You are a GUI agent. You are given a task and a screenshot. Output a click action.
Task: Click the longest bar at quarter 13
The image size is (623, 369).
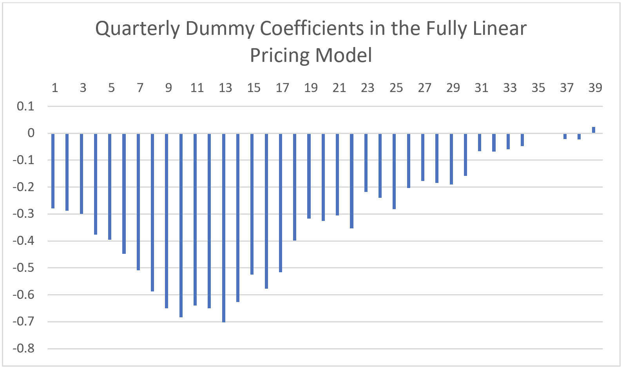pyautogui.click(x=224, y=227)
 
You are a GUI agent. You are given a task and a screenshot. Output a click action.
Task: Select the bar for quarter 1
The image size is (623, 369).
pyautogui.click(x=53, y=170)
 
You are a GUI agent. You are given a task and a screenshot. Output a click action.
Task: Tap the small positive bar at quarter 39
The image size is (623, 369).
pyautogui.click(x=594, y=130)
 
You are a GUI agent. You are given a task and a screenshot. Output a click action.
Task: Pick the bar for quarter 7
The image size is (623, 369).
pyautogui.click(x=138, y=202)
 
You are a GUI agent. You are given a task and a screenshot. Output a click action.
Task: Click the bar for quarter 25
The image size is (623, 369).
pyautogui.click(x=394, y=171)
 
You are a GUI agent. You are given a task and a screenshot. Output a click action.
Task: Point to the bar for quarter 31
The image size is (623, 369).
pyautogui.click(x=480, y=142)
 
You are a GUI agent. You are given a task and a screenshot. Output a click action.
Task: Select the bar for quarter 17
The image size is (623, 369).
pyautogui.click(x=281, y=203)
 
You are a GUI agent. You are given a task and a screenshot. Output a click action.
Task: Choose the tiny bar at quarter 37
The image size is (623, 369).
pyautogui.click(x=565, y=136)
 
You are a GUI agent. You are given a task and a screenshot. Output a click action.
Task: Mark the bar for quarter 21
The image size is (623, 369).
pyautogui.click(x=337, y=174)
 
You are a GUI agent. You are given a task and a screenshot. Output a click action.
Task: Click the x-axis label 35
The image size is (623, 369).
pyautogui.click(x=538, y=88)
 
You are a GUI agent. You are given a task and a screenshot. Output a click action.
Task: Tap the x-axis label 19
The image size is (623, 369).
pyautogui.click(x=311, y=88)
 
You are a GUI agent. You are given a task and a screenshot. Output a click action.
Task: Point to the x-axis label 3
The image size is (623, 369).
pyautogui.click(x=83, y=88)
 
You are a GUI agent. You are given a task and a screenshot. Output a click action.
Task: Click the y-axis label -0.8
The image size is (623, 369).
pyautogui.click(x=24, y=348)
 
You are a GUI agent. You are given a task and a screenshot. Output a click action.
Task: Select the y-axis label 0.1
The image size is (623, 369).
pyautogui.click(x=25, y=106)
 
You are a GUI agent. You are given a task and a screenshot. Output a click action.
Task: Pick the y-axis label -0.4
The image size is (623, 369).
pyautogui.click(x=24, y=241)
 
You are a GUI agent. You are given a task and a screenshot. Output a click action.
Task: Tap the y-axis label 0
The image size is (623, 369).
pyautogui.click(x=31, y=133)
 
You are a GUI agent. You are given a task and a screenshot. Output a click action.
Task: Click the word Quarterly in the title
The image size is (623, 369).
pyautogui.click(x=138, y=29)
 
